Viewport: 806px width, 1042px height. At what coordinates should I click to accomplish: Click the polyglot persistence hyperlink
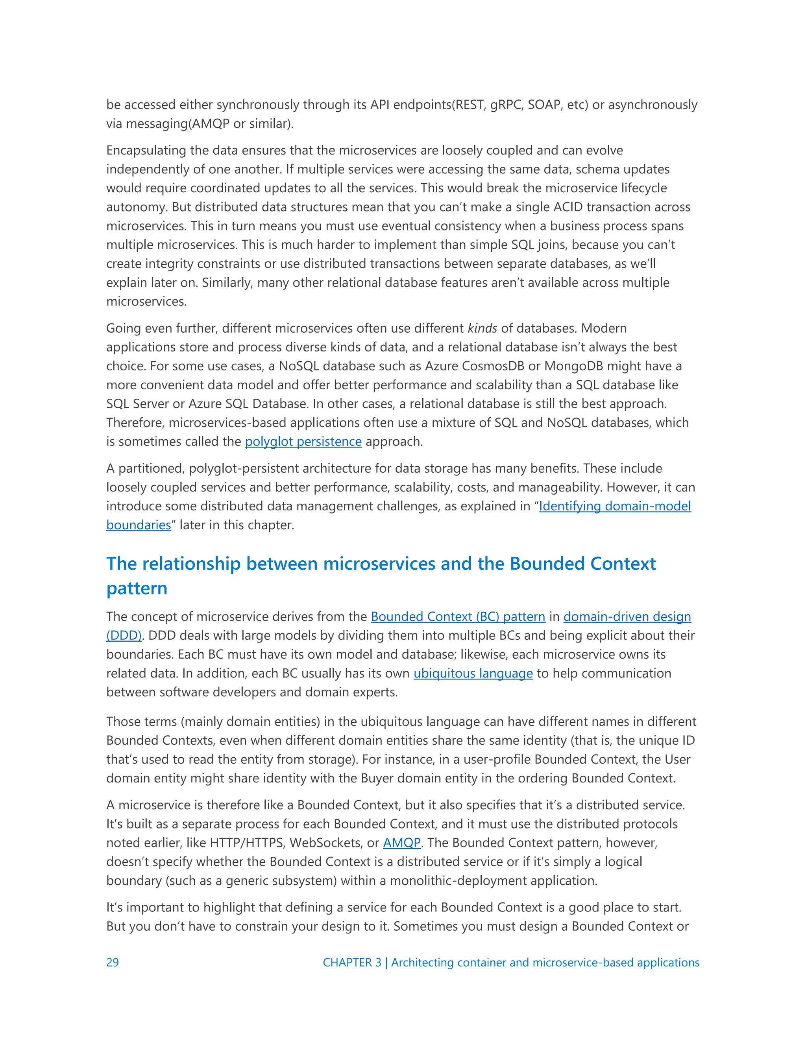click(303, 442)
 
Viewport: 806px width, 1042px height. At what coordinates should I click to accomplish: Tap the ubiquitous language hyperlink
click(473, 673)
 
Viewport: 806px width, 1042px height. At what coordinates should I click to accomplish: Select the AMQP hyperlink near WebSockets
click(401, 843)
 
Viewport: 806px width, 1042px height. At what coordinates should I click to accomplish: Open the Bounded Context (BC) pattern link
click(458, 617)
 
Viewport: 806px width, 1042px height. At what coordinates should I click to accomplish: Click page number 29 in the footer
click(112, 962)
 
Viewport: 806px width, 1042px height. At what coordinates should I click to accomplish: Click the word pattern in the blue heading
click(137, 588)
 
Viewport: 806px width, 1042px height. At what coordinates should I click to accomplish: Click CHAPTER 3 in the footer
click(352, 962)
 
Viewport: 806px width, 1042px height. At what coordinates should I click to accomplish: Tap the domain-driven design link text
click(627, 617)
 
